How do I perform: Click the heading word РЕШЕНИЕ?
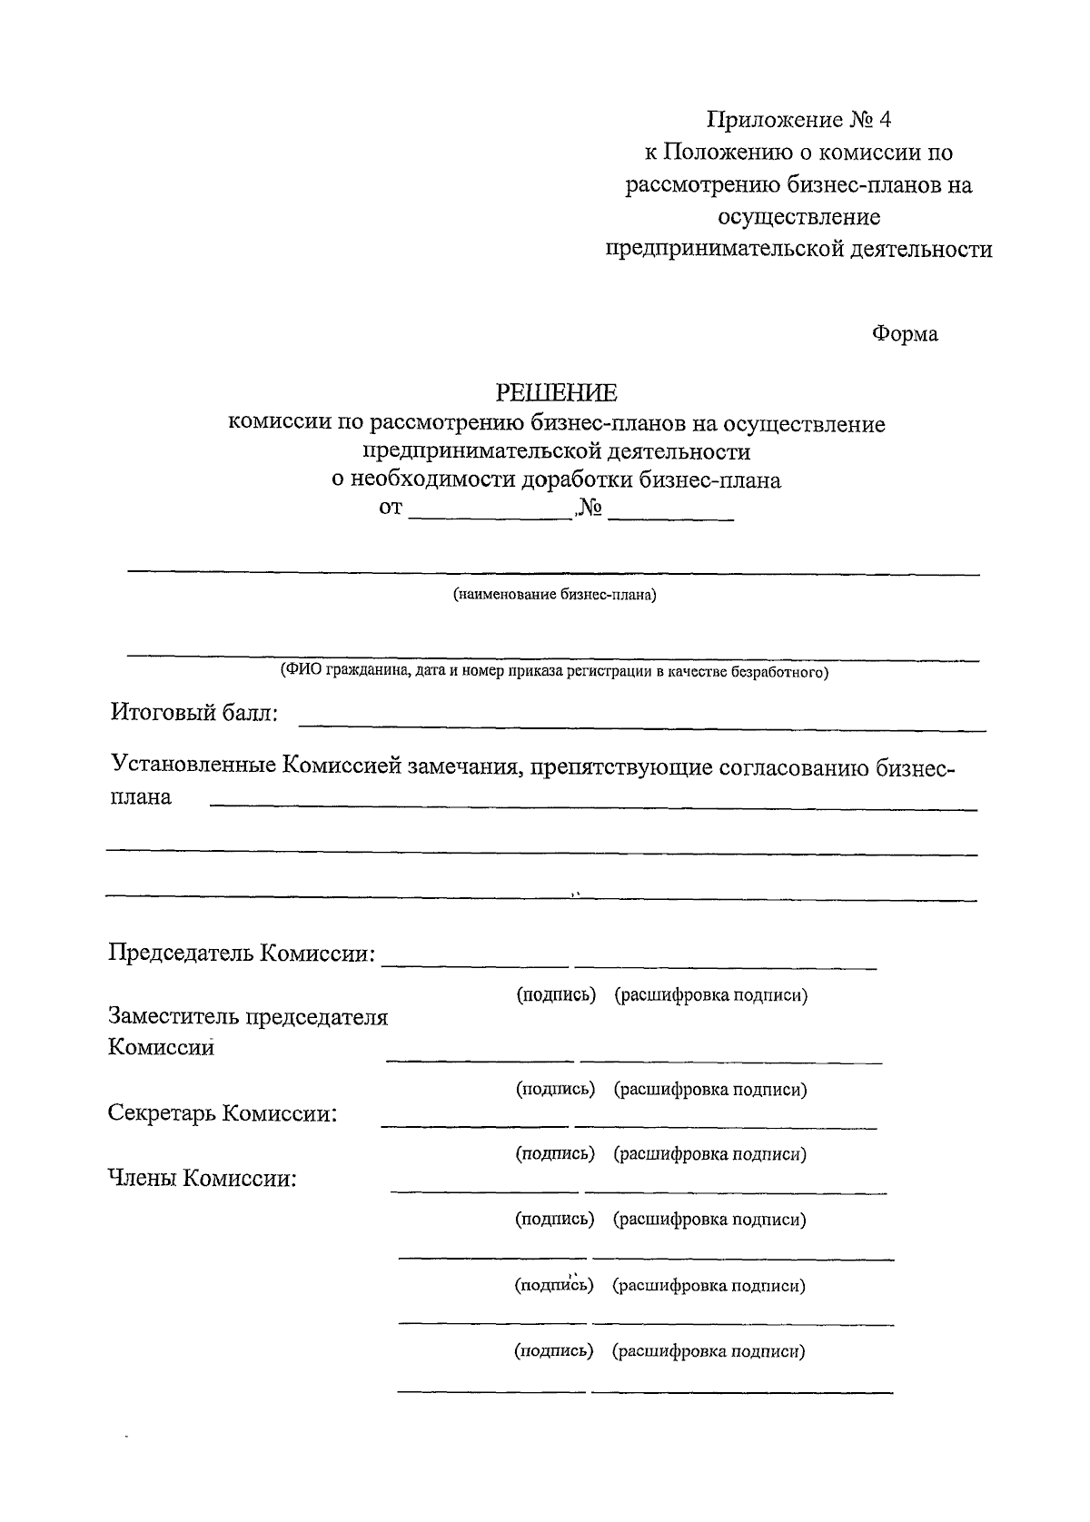[x=555, y=392]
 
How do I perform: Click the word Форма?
[x=905, y=334]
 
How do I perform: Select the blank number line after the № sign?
[x=670, y=517]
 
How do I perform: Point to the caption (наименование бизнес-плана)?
[x=554, y=596]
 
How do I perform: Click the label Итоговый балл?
[x=194, y=713]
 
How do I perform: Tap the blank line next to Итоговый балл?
[x=641, y=727]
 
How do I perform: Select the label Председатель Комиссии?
[x=242, y=954]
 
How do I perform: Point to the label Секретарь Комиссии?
[x=223, y=1113]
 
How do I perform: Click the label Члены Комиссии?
[x=203, y=1179]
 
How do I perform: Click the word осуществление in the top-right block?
[x=799, y=217]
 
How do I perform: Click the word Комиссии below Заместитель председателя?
[x=162, y=1047]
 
